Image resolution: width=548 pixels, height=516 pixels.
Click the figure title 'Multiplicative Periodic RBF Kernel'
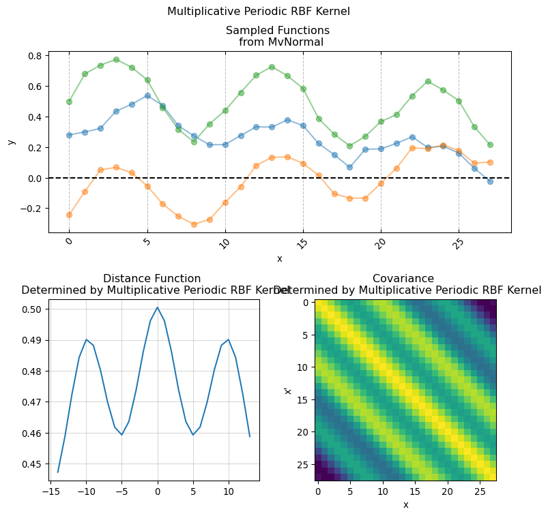pos(259,12)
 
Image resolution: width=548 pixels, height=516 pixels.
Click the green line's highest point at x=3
pos(116,59)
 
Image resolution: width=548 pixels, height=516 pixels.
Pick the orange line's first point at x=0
pos(69,215)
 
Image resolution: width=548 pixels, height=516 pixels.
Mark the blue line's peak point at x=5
pos(147,95)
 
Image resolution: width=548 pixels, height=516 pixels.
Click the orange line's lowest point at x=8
pos(194,224)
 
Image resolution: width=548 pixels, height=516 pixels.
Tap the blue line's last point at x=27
pos(490,181)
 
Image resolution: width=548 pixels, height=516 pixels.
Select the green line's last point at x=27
pos(490,145)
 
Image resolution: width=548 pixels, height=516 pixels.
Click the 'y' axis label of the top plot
pos(11,141)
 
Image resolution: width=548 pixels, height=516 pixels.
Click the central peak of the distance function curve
pos(157,307)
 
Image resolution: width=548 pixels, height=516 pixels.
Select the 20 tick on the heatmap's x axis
pos(448,492)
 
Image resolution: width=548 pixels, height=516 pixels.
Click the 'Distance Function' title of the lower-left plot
pos(152,278)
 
